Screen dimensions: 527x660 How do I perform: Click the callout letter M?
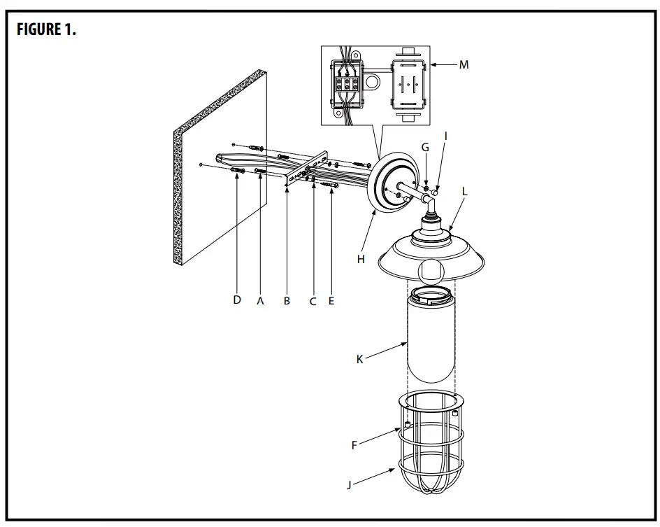464,64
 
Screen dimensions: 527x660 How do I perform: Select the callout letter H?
361,259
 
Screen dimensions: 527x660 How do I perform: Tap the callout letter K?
359,359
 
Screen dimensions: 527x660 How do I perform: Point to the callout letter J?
349,484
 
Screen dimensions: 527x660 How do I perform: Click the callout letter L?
465,190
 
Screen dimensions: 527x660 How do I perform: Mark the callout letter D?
237,300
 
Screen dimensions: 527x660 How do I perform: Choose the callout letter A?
261,300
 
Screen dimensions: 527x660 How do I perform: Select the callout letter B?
287,301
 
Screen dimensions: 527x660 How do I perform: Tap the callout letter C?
313,301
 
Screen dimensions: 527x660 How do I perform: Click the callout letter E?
331,301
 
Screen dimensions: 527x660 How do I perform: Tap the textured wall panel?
220,168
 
